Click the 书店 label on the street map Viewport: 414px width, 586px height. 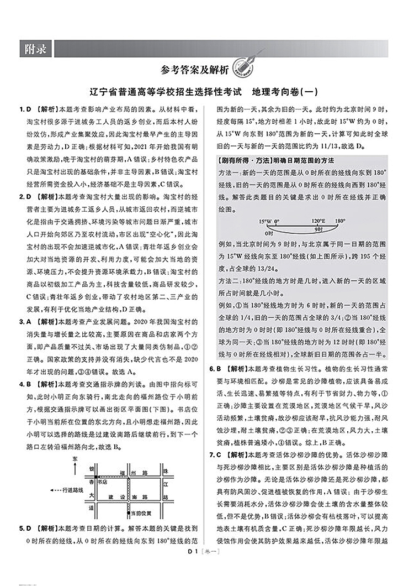pos(103,482)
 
